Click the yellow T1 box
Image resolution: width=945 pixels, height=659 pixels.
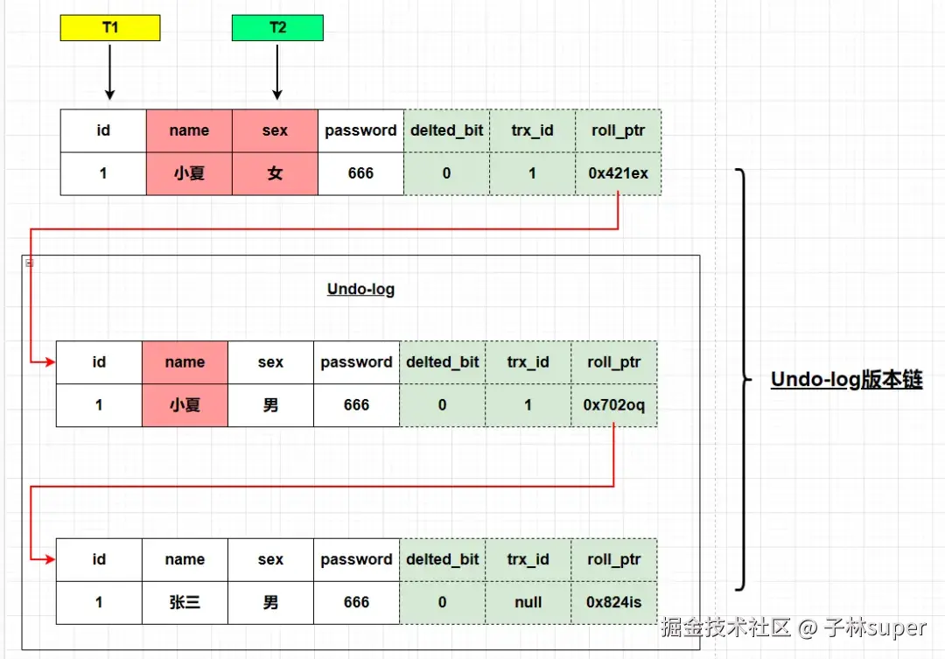109,28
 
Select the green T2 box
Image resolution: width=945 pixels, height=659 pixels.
277,28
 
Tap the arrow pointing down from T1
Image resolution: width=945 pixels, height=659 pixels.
109,72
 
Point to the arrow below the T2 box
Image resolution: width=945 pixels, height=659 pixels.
277,72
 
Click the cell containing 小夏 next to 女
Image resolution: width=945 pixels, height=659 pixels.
189,173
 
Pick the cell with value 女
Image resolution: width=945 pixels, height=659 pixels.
275,173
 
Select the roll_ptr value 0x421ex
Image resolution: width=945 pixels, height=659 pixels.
618,173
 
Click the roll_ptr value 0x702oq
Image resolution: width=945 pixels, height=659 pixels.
613,405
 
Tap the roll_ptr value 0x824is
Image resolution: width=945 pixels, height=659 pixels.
613,602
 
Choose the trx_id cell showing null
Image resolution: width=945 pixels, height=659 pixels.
528,602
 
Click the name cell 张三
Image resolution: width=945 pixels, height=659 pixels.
185,602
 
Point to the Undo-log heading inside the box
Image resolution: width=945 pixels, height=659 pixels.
360,289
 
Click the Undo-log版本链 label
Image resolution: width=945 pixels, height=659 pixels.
846,380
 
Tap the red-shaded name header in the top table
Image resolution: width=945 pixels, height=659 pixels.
189,130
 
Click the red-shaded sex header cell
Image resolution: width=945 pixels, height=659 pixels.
275,130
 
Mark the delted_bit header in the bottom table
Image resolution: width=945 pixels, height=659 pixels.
442,559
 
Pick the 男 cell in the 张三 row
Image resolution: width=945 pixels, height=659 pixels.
270,602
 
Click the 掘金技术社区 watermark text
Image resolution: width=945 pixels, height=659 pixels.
725,627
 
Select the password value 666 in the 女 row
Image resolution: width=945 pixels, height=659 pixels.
360,173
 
